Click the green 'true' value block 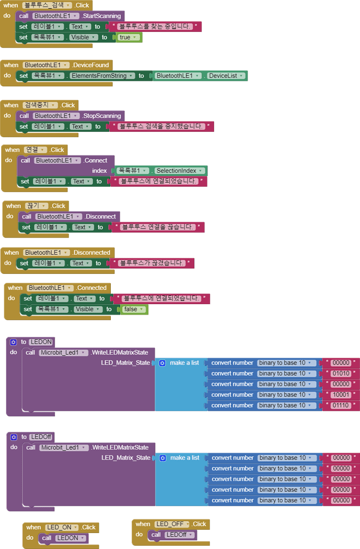click(128, 37)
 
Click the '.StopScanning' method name click(103, 116)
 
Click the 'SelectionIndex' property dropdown click(179, 171)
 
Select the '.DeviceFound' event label click(91, 65)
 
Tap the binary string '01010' click(341, 373)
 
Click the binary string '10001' click(341, 395)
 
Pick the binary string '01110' click(341, 405)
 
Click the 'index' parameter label click(99, 171)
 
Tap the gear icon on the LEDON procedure click(14, 342)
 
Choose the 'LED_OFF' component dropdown click(172, 524)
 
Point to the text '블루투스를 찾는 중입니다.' click(154, 26)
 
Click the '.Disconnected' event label click(91, 253)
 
